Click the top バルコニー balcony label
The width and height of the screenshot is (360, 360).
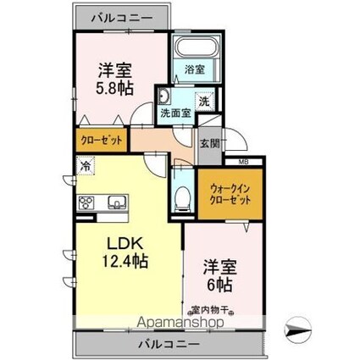pyautogui.click(x=119, y=18)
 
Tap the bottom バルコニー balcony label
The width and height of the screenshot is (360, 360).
pyautogui.click(x=169, y=344)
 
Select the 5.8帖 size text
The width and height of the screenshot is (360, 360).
pyautogui.click(x=113, y=88)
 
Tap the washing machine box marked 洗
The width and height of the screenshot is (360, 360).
pyautogui.click(x=203, y=101)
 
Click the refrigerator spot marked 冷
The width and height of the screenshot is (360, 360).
pyautogui.click(x=86, y=168)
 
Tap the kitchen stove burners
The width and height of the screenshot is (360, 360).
pyautogui.click(x=87, y=202)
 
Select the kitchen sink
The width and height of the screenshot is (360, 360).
pyautogui.click(x=116, y=202)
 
